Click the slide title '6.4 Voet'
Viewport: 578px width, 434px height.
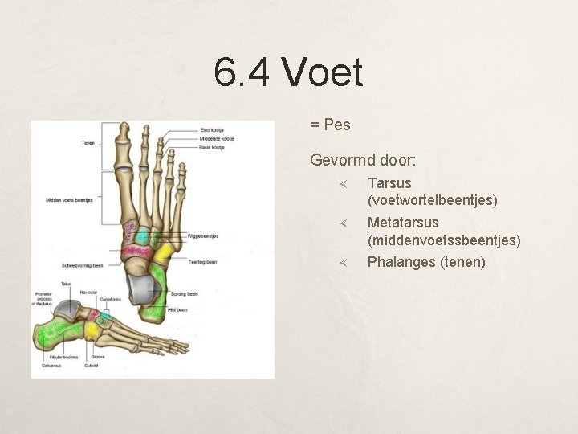pos(288,73)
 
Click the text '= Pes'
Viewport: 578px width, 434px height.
pos(330,125)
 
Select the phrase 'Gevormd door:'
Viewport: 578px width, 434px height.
pos(363,160)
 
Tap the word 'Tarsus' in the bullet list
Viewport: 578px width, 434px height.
pos(389,183)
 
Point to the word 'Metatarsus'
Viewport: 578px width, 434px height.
pos(403,223)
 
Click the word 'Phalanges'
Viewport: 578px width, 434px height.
pos(401,262)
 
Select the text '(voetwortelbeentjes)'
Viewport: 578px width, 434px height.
pos(432,200)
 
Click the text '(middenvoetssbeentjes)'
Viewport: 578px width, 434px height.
pos(443,240)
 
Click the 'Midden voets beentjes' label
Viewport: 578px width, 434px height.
pos(69,199)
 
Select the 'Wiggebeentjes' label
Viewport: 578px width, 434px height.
pos(202,236)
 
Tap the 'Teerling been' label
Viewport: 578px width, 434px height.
pos(202,261)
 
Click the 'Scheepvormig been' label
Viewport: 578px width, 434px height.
pos(82,265)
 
